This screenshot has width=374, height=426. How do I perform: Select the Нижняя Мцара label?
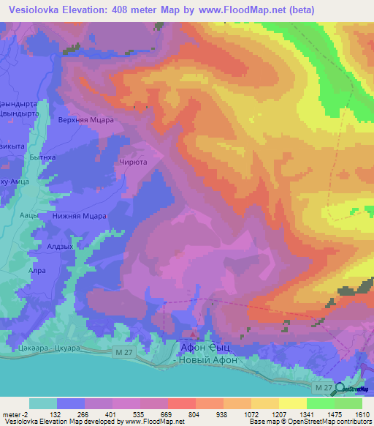pyautogui.click(x=80, y=216)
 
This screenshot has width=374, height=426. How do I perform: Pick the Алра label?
pyautogui.click(x=37, y=269)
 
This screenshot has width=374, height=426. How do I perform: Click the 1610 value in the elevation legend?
pyautogui.click(x=362, y=414)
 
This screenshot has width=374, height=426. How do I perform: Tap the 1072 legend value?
pyautogui.click(x=251, y=414)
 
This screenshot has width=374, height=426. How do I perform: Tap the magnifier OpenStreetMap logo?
pyautogui.click(x=341, y=389)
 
